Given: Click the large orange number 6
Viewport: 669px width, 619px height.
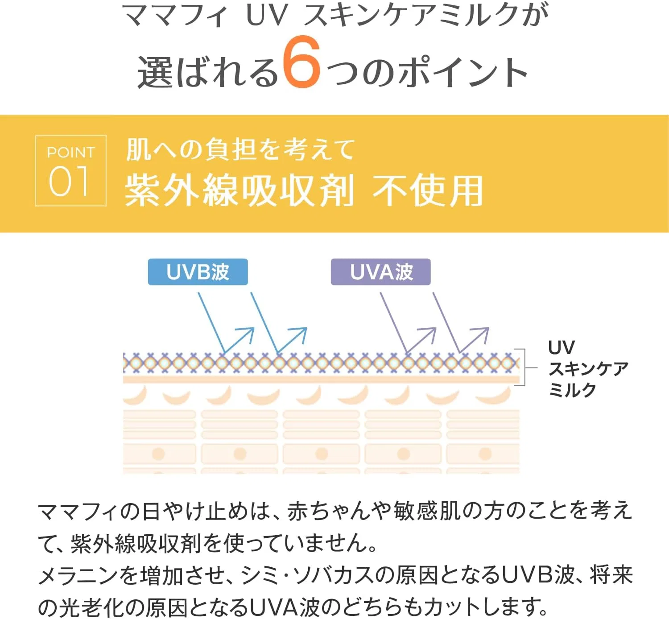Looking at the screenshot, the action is click(x=301, y=62).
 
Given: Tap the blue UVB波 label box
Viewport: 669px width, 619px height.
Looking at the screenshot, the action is click(x=198, y=272).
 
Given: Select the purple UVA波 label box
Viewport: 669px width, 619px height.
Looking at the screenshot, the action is click(x=380, y=272).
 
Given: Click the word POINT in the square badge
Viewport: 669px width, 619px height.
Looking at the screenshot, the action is click(x=71, y=153).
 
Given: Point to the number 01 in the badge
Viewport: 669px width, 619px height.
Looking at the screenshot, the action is click(x=70, y=182).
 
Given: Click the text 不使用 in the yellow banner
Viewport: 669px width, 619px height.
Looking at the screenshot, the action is click(x=428, y=191).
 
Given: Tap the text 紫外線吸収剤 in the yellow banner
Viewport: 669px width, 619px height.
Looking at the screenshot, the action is click(x=239, y=191).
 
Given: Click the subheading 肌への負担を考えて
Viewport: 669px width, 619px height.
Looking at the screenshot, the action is click(x=240, y=149).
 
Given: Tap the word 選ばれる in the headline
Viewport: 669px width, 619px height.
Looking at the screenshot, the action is click(x=208, y=72).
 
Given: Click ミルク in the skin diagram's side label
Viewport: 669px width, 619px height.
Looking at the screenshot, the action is click(x=572, y=390).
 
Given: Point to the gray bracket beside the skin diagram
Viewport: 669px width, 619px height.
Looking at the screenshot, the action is click(x=524, y=367).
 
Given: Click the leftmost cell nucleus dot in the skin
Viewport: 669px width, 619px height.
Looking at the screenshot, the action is click(x=158, y=454).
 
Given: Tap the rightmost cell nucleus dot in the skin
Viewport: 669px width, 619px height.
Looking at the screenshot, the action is click(x=485, y=454).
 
